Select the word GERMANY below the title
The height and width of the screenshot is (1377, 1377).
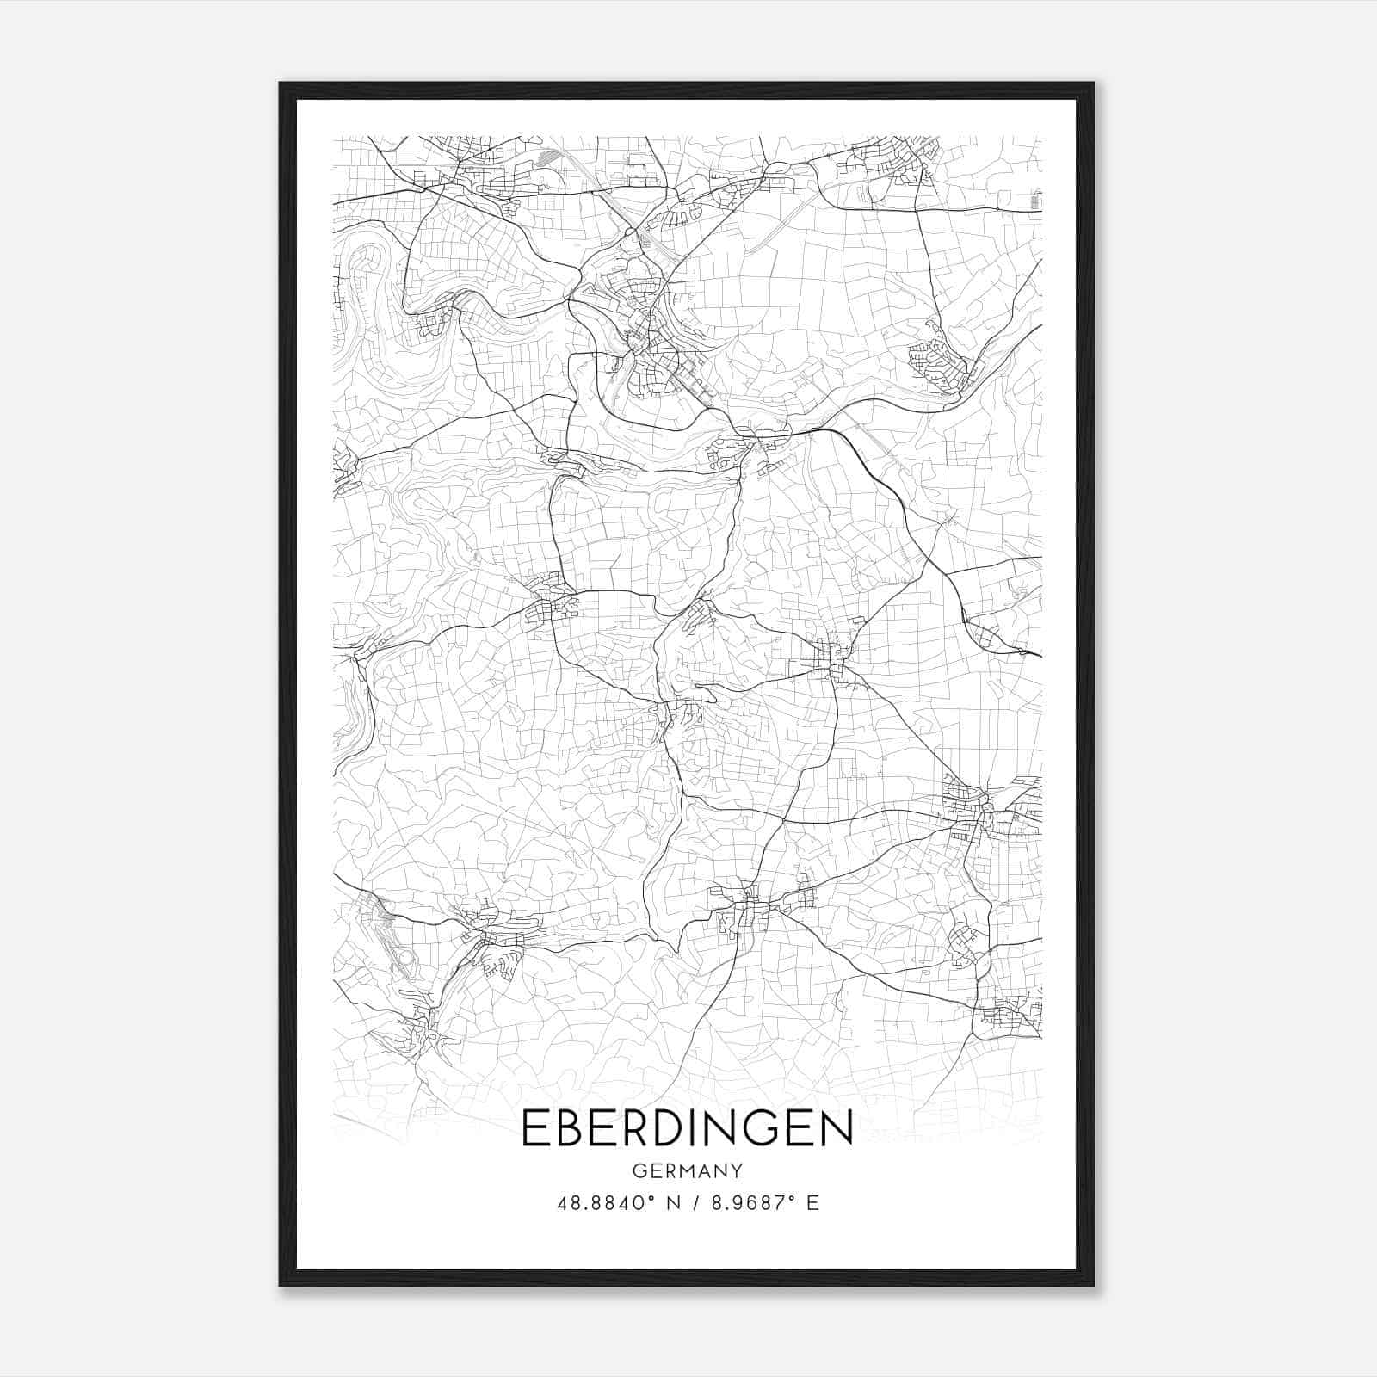[687, 1170]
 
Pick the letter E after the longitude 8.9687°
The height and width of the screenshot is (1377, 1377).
[812, 1203]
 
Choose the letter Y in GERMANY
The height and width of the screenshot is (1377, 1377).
[736, 1170]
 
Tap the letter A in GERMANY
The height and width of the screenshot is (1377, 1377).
[703, 1170]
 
